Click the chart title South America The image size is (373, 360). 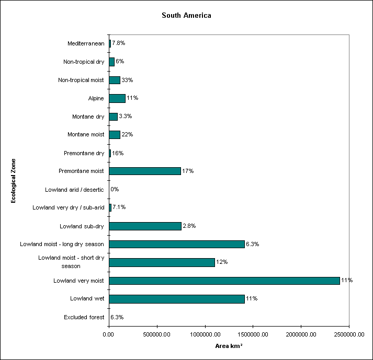click(186, 16)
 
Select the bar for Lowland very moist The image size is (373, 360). click(224, 281)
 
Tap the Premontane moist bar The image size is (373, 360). click(145, 171)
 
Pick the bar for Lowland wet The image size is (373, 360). click(177, 299)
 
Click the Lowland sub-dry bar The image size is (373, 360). click(145, 226)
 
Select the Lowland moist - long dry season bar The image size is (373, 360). click(177, 244)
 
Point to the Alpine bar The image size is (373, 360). click(117, 98)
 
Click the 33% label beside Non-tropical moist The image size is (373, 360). click(128, 80)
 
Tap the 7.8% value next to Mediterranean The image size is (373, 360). click(119, 43)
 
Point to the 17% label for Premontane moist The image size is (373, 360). click(188, 171)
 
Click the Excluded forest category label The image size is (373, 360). click(84, 317)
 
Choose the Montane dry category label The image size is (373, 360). click(88, 117)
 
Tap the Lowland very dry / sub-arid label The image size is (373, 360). click(68, 207)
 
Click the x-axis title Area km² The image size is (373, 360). click(229, 346)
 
